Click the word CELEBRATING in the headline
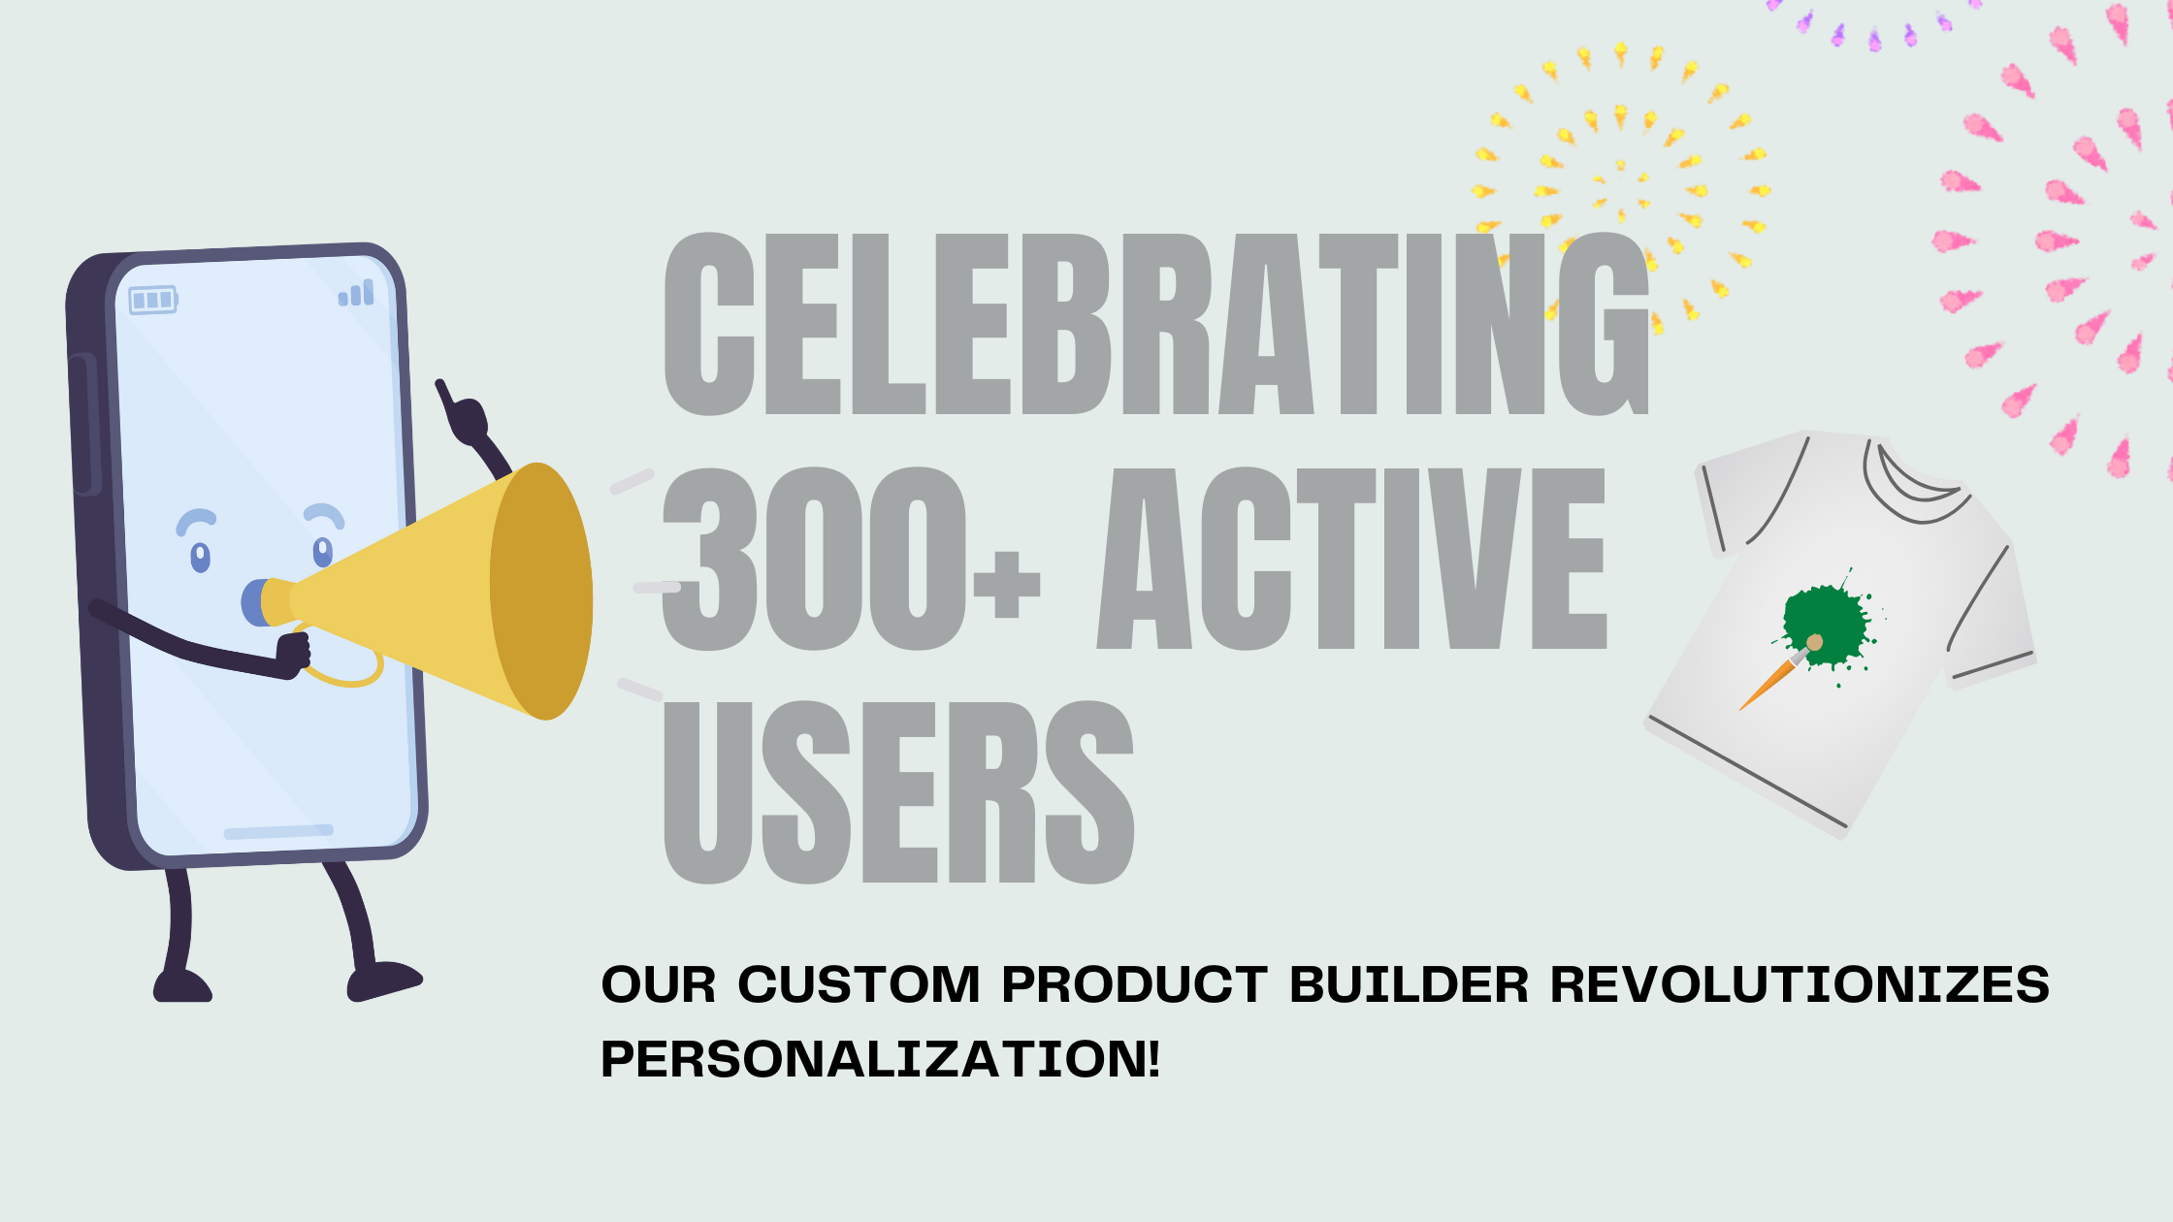click(x=1154, y=325)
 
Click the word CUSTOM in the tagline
click(x=859, y=984)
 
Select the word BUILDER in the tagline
click(x=1409, y=984)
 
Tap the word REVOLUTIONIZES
click(x=1800, y=984)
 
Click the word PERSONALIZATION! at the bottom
click(x=880, y=1058)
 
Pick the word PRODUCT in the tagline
click(x=1134, y=984)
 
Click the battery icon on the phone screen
click(x=153, y=300)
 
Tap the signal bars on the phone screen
click(x=356, y=293)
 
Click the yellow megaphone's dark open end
click(x=541, y=591)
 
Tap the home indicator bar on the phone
click(x=278, y=832)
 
